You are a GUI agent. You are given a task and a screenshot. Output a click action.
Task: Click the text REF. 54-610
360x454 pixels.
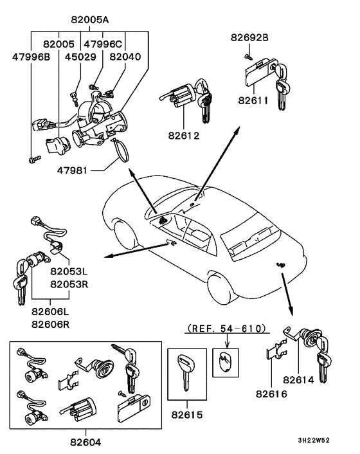click(226, 329)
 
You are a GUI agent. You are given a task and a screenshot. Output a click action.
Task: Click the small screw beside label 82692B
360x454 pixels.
click(247, 57)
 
